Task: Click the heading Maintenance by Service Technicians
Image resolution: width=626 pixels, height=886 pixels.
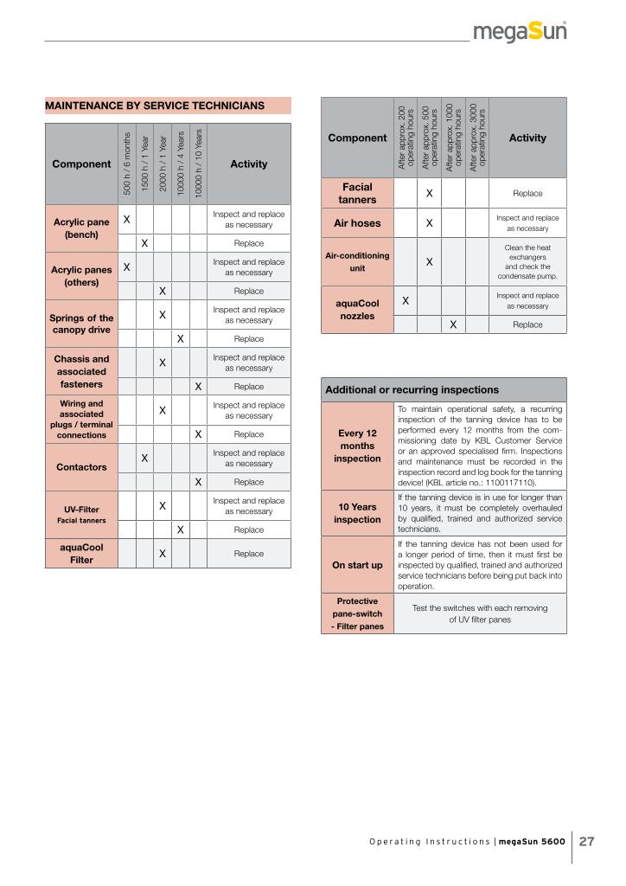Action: click(x=155, y=106)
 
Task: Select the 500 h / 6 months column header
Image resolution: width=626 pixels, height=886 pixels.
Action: click(x=126, y=164)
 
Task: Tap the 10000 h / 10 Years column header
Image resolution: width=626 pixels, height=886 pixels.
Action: click(x=198, y=164)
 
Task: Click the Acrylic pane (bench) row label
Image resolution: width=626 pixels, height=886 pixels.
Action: click(x=81, y=228)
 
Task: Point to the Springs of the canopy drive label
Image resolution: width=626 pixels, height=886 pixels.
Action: click(x=81, y=324)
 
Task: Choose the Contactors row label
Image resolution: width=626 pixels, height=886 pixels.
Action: click(x=81, y=467)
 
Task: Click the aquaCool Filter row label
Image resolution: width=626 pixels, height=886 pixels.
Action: click(x=81, y=554)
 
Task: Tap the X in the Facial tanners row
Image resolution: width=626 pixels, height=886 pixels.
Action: click(x=429, y=194)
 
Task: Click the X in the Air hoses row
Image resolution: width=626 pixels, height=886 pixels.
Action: click(x=429, y=223)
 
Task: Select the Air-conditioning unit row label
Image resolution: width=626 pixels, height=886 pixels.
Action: click(x=357, y=262)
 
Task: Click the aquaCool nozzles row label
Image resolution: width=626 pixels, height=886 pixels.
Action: click(x=357, y=310)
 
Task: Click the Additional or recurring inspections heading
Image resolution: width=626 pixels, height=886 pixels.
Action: click(x=412, y=390)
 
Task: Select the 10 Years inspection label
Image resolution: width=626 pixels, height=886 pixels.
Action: click(x=357, y=513)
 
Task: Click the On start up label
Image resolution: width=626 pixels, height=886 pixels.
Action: click(x=357, y=565)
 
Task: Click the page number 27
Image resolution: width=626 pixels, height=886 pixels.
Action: click(x=587, y=842)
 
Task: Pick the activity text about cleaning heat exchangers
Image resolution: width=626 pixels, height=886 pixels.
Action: click(x=527, y=262)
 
